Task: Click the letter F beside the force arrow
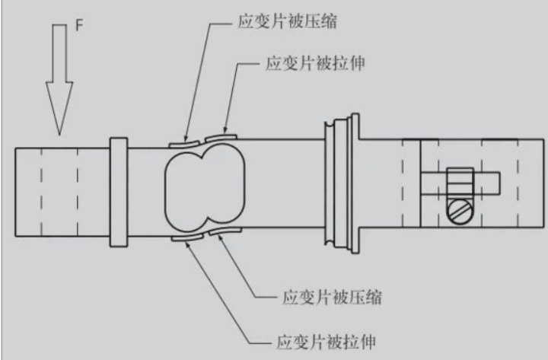point(80,26)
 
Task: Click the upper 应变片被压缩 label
point(287,21)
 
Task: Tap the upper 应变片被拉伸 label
point(315,64)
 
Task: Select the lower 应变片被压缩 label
point(332,298)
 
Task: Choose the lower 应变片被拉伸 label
point(326,342)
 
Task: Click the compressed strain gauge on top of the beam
point(184,144)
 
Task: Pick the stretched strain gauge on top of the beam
point(221,138)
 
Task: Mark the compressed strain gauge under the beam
point(225,231)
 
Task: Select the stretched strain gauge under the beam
point(187,237)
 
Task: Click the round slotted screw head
point(460,212)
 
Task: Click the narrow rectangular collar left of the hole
point(119,193)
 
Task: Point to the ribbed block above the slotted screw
point(460,183)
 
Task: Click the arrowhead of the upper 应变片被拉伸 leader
point(226,130)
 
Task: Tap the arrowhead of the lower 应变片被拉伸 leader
point(188,244)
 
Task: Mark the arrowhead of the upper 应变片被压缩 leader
point(186,136)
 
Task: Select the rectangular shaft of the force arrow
point(59,53)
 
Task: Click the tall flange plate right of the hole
point(355,183)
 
